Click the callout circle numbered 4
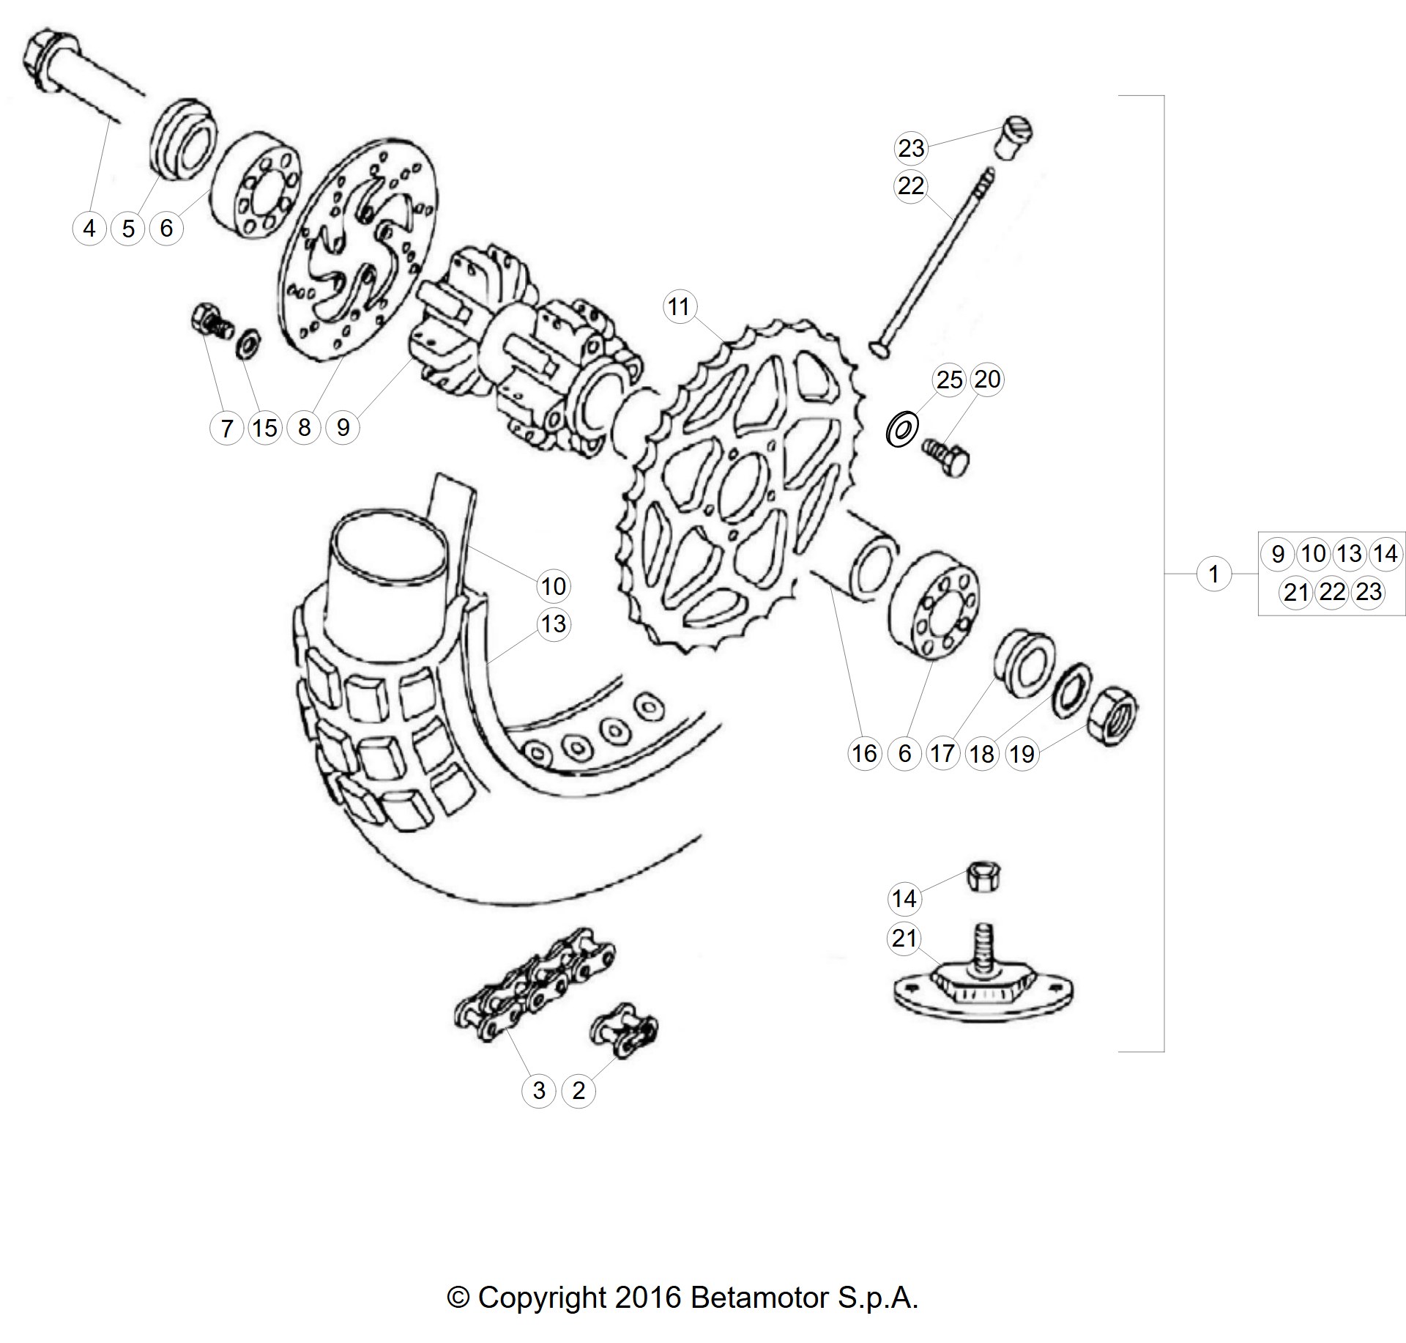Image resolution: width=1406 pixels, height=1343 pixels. [89, 228]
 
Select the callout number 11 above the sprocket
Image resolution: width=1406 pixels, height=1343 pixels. [679, 306]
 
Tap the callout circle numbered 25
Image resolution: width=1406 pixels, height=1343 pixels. [949, 380]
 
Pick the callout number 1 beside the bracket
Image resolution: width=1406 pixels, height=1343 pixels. [1214, 574]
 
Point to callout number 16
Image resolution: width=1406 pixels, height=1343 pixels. [864, 753]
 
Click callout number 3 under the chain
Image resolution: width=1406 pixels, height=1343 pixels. [539, 1091]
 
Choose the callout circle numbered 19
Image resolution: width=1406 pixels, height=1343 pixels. [1022, 753]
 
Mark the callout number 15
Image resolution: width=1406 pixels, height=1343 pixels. [265, 428]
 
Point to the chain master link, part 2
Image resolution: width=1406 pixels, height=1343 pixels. [624, 1029]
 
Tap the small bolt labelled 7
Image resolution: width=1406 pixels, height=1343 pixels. [209, 326]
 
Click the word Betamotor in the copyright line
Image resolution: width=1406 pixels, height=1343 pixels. [760, 1298]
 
